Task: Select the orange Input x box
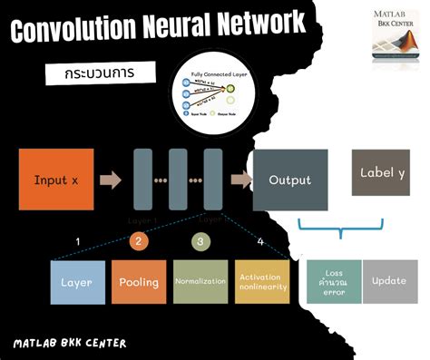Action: coord(55,180)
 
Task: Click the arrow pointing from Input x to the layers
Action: coord(111,180)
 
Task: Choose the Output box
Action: coord(289,180)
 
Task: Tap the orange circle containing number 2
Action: coord(137,241)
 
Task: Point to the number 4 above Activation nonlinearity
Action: coord(261,241)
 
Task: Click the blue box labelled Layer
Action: coord(76,282)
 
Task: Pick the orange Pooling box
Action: coord(138,282)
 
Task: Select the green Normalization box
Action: coord(200,282)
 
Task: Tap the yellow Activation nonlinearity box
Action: coord(261,282)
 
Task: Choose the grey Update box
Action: coord(388,282)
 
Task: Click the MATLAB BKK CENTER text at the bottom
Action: coord(70,343)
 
